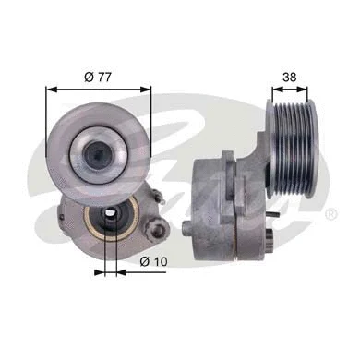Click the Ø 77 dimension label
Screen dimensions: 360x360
pos(99,76)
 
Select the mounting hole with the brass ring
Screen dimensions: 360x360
pos(109,221)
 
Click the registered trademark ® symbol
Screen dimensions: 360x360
pos(330,213)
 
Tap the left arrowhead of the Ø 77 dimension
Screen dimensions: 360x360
pos(50,90)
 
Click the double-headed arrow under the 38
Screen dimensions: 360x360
pos(294,90)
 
